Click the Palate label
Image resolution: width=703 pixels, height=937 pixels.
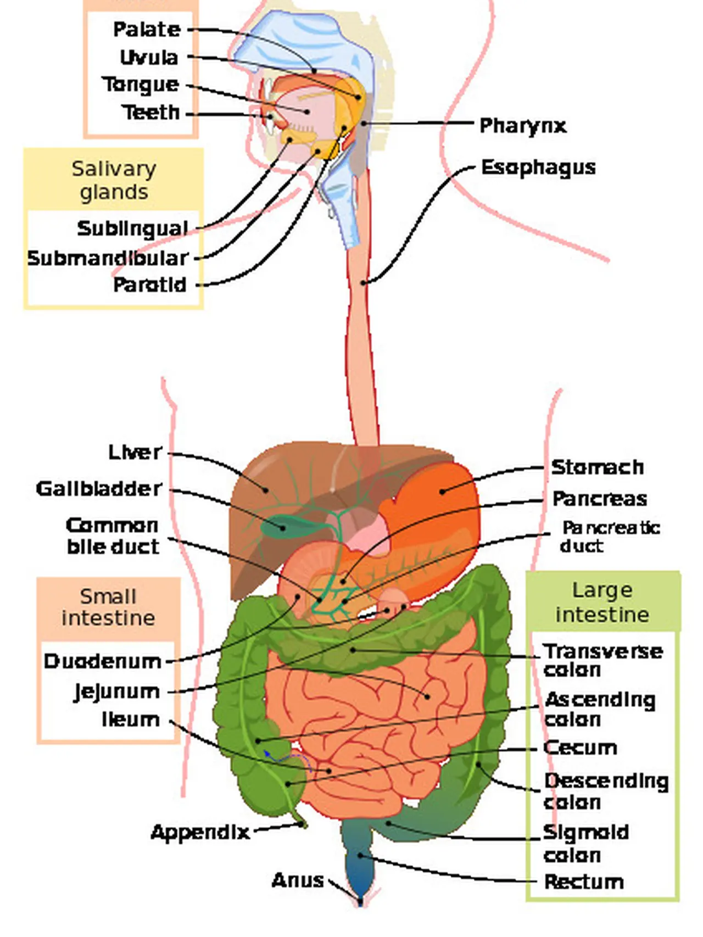pos(147,30)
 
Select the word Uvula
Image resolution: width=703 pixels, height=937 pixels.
pos(149,58)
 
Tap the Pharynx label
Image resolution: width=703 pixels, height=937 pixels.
pos(522,126)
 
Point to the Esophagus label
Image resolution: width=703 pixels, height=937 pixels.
pos(538,168)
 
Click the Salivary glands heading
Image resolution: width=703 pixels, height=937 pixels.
pos(114,180)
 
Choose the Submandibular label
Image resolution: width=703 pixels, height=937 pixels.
pos(108,258)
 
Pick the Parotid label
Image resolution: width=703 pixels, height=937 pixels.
pos(150,285)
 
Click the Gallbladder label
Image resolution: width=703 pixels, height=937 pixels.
pos(99,489)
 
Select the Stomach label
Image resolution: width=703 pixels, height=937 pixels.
pos(598,467)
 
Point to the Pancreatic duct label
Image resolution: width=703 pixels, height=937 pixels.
pos(610,537)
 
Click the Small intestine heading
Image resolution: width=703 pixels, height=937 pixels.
pos(108,607)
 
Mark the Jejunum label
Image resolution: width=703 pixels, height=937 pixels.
pos(117,691)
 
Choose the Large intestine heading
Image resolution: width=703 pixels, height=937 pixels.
pos(602,602)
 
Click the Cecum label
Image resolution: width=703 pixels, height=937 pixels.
pos(580,748)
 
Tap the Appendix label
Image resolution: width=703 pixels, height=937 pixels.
pos(200,833)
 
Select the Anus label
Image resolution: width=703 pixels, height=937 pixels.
pos(298,880)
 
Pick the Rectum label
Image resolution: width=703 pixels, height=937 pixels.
pos(584,882)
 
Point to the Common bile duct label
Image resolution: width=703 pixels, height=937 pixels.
pos(113,536)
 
